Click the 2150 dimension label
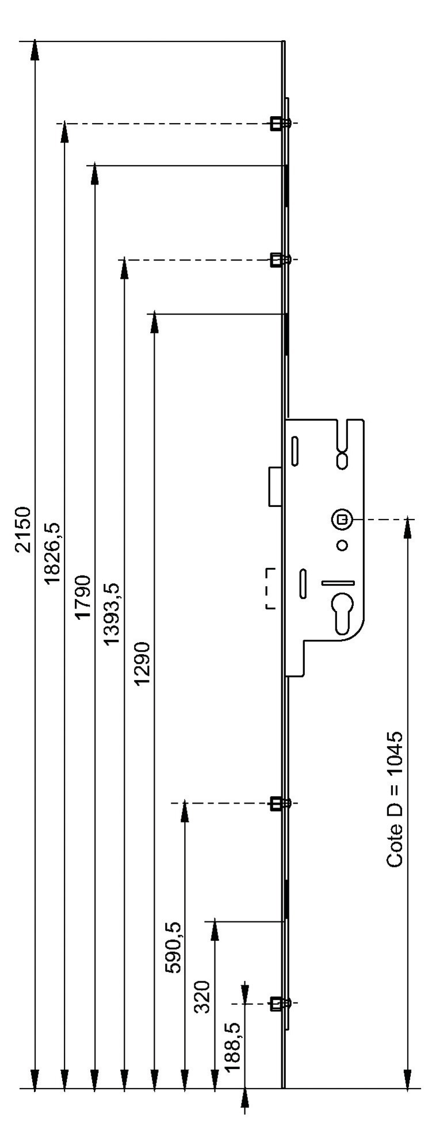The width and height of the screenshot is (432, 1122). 24,529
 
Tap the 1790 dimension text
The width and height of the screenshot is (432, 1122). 83,596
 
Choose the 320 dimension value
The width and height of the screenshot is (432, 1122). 202,997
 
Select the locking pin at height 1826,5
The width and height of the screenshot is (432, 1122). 279,123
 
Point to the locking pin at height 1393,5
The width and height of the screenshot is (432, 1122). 279,260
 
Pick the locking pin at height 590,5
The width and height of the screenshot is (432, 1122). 279,803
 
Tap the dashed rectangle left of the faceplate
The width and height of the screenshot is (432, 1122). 269,588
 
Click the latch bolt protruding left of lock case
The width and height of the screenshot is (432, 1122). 276,486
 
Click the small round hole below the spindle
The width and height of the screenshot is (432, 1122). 342,545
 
